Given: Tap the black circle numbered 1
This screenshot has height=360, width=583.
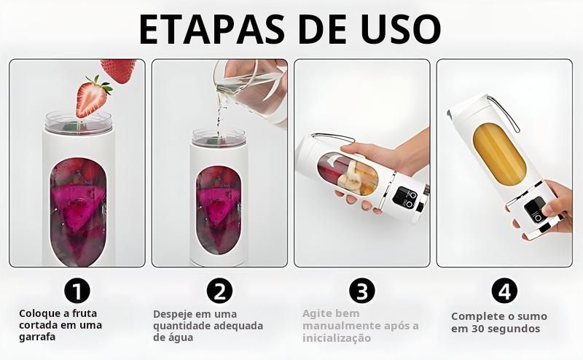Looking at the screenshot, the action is [77, 291].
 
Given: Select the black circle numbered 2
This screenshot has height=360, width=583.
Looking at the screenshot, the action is [219, 291].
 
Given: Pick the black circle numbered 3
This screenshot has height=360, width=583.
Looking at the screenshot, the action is [362, 291].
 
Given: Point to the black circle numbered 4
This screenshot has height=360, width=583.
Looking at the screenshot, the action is [504, 291].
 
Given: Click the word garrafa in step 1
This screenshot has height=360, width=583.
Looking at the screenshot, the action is [37, 337].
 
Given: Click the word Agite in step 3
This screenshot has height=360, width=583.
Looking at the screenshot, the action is [316, 314].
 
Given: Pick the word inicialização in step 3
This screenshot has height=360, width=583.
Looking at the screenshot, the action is [337, 338].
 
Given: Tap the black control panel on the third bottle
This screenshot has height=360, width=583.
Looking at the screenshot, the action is [405, 197].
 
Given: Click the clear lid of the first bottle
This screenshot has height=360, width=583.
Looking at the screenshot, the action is [79, 122].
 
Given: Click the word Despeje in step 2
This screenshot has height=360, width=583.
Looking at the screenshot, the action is [171, 314].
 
